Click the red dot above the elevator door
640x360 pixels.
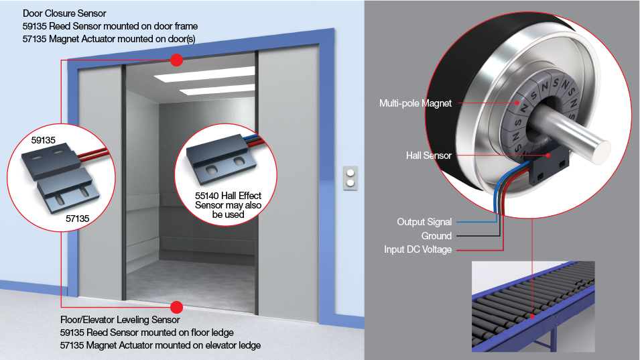(176, 60)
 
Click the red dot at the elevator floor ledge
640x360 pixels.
(176, 307)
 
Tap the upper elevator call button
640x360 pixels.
(350, 173)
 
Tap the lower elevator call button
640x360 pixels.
(350, 183)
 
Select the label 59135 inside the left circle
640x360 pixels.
(44, 140)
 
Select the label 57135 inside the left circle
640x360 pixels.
(78, 219)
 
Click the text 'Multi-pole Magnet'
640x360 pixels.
(415, 103)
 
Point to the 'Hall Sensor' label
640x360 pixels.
(429, 156)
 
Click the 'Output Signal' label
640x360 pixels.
(424, 222)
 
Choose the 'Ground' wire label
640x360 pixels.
(436, 236)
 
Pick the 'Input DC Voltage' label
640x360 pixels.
(418, 249)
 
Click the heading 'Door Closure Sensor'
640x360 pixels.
(64, 13)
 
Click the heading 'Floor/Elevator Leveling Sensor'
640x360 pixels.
(120, 320)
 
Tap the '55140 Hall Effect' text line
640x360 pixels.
(228, 196)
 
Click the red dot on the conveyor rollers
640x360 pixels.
(532, 316)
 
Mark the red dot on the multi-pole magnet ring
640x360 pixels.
(517, 103)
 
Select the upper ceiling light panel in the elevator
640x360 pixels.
(204, 74)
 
